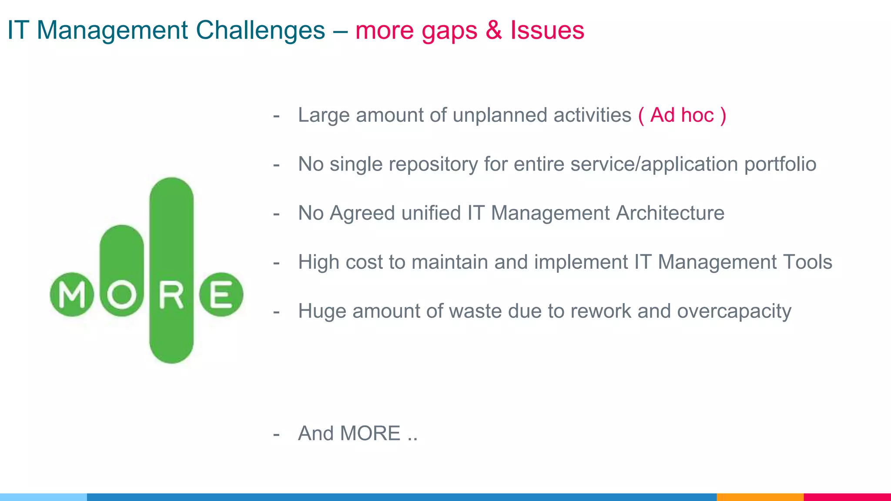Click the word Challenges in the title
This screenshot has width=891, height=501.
tap(260, 30)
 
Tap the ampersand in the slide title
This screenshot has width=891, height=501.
tap(493, 30)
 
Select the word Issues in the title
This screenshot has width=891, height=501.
tap(547, 30)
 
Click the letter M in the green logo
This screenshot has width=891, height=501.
tap(72, 294)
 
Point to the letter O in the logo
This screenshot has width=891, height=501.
tap(121, 294)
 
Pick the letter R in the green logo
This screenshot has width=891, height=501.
tap(171, 295)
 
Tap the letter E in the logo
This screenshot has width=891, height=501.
tap(221, 294)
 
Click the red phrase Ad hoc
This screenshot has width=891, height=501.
tap(682, 115)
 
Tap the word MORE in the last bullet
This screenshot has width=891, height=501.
tap(370, 434)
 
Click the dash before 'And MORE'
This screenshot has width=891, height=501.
tap(276, 434)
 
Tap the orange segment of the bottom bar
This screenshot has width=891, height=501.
tap(760, 497)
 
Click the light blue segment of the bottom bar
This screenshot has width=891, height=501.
tap(44, 497)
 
